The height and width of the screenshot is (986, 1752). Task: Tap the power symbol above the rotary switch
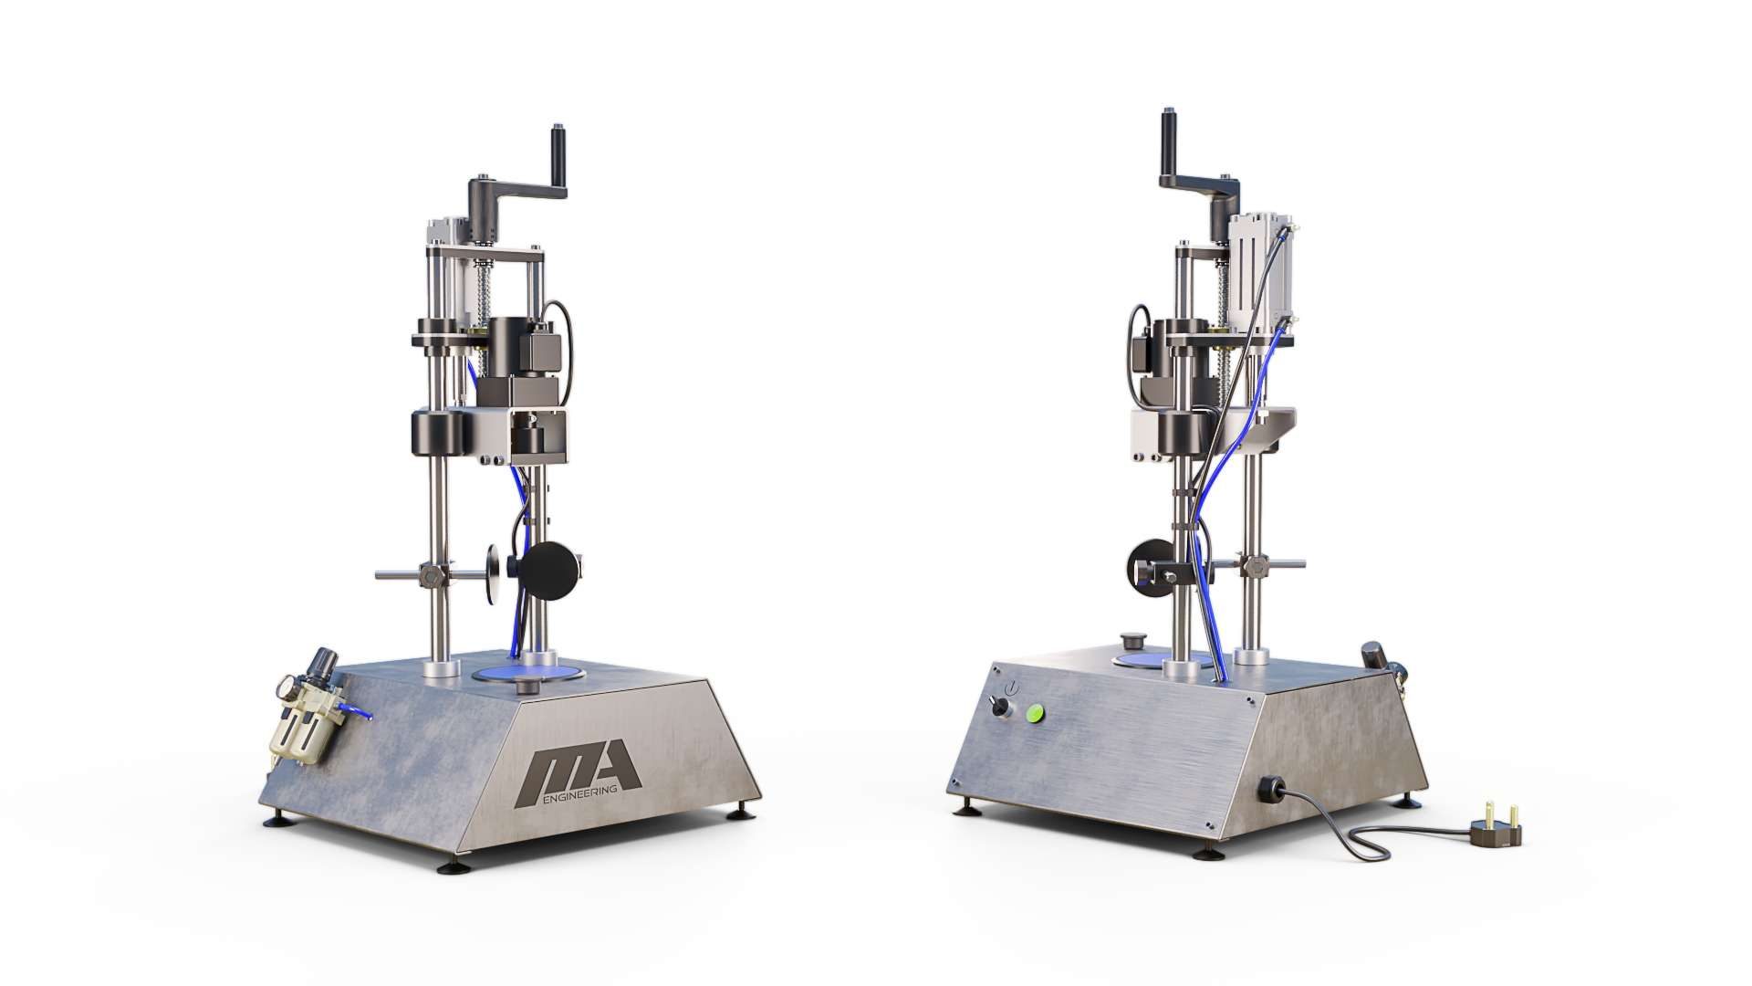click(x=1008, y=687)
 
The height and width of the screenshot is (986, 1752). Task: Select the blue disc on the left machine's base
click(x=531, y=673)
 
